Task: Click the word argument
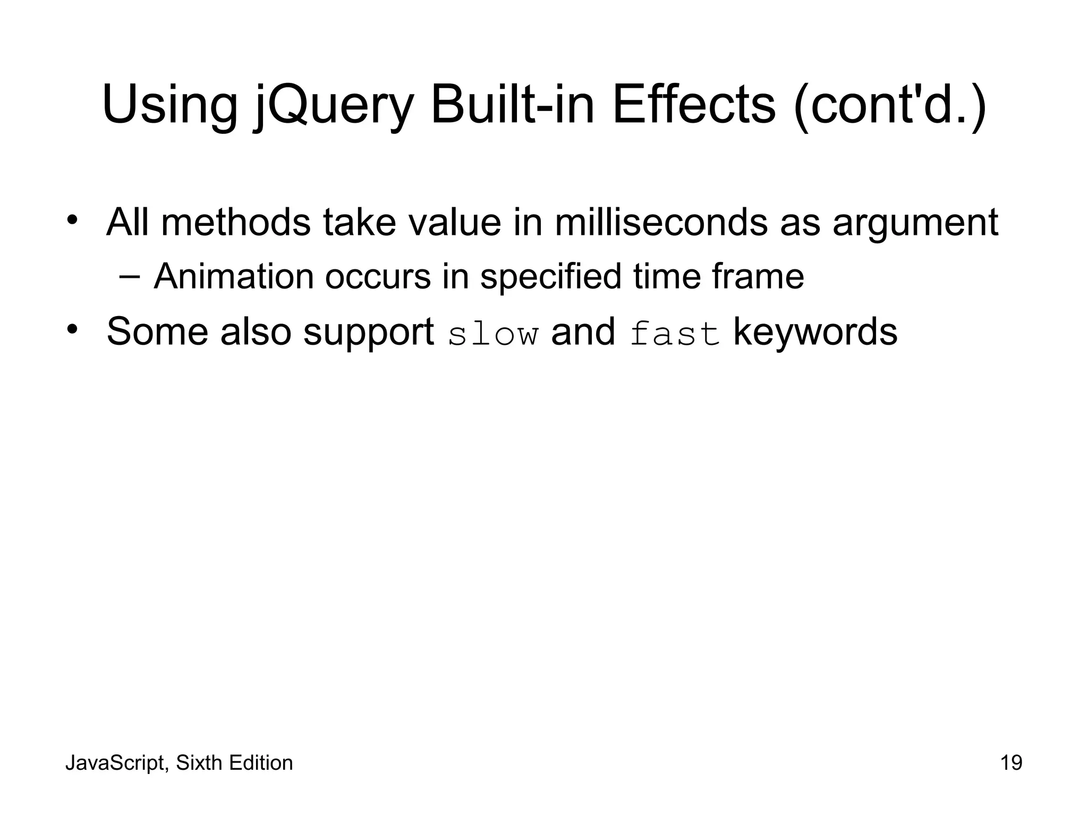point(915,223)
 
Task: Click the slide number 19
point(1011,763)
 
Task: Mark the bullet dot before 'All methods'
point(73,220)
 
